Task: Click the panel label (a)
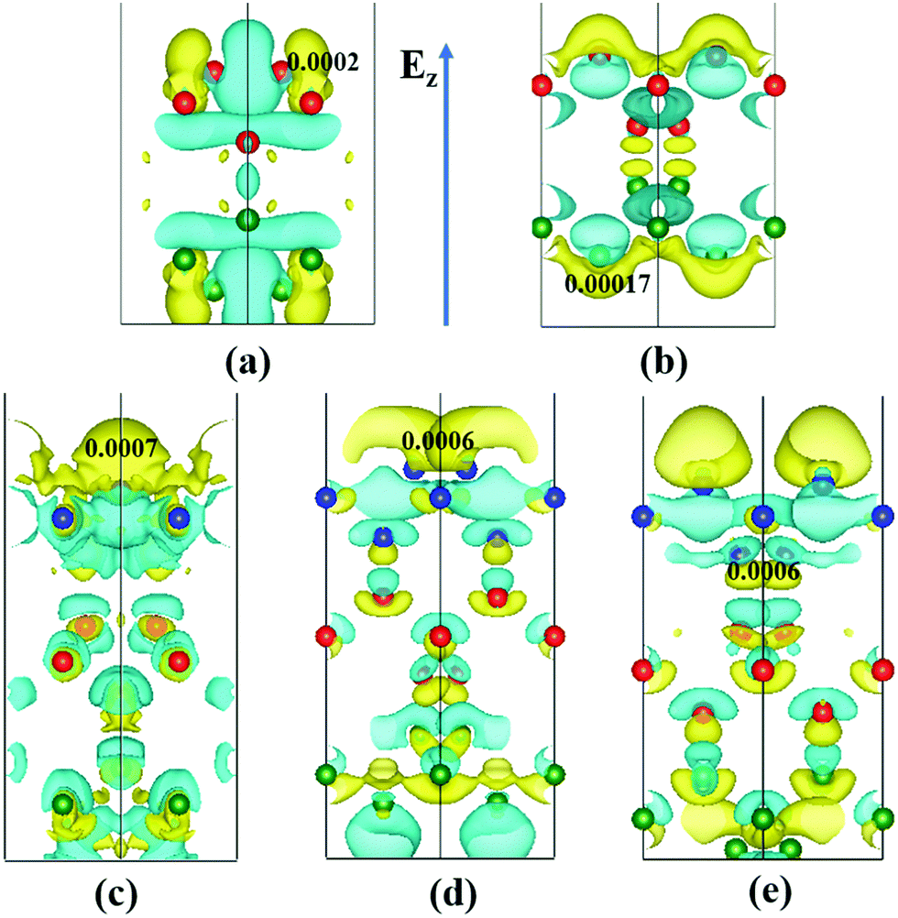(x=247, y=364)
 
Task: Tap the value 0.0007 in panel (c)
(x=122, y=448)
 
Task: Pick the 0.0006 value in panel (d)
(x=438, y=441)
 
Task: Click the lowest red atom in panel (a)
(x=247, y=142)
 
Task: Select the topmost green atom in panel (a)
(x=247, y=220)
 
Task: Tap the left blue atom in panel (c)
(x=63, y=518)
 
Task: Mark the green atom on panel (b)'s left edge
(x=542, y=226)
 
